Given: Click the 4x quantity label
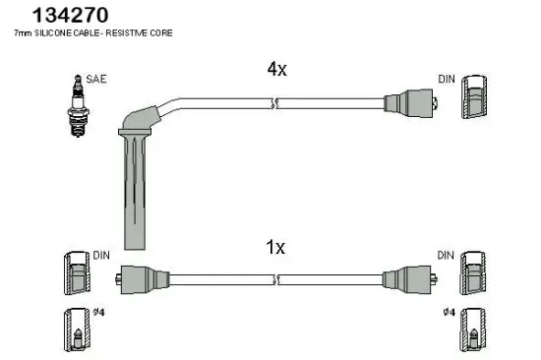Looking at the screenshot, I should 276,70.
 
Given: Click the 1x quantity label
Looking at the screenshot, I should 276,248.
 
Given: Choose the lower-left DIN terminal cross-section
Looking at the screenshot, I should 74,273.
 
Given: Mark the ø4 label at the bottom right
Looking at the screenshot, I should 448,313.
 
